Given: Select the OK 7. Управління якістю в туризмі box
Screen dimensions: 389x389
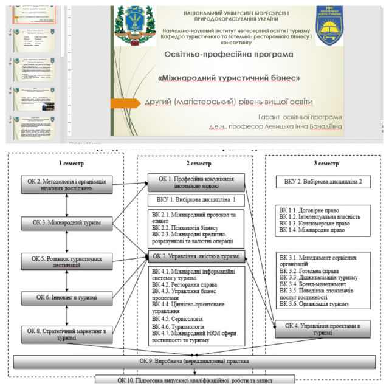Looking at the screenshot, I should point(196,256).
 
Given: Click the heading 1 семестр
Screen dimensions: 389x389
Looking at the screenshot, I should point(71,164).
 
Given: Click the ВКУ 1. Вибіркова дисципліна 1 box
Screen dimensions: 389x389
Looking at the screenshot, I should point(196,199).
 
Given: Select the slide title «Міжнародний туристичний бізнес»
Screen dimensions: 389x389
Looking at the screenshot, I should point(230,78).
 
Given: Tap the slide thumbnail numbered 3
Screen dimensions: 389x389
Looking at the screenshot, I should point(35,70).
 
